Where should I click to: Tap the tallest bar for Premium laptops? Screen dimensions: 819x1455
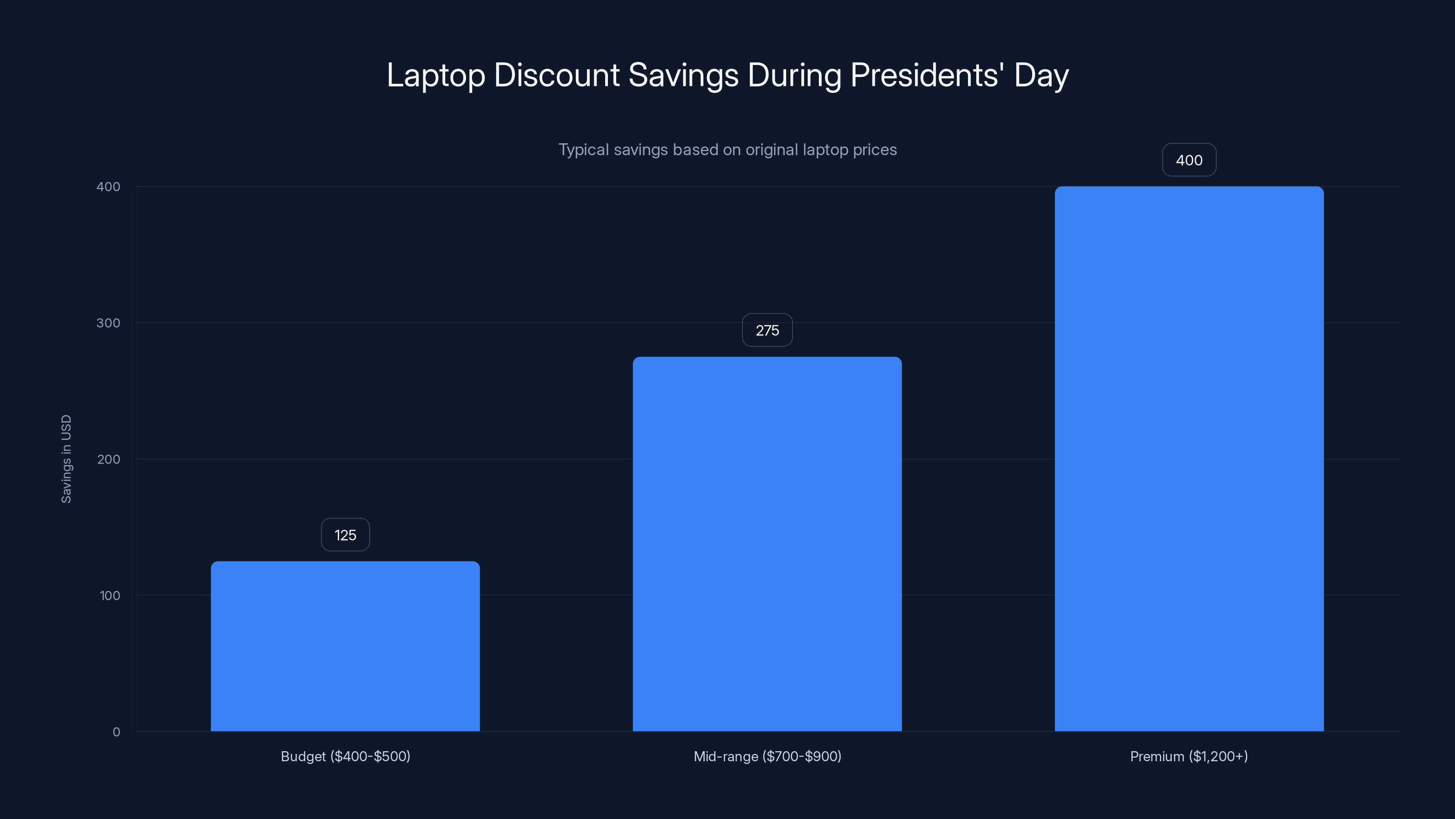tap(1189, 458)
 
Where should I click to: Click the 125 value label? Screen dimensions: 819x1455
tap(345, 535)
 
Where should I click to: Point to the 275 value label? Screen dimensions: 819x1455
tap(767, 330)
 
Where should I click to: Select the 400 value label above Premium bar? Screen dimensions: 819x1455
tap(1189, 160)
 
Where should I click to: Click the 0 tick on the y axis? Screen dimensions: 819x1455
tap(116, 732)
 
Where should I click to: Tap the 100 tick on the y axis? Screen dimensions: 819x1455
tap(110, 596)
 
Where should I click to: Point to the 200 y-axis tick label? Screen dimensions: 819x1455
tap(109, 460)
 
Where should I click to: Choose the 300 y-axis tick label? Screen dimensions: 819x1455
tap(109, 323)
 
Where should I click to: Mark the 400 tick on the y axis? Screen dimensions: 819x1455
tap(109, 187)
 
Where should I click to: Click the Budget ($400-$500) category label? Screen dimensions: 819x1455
tap(345, 756)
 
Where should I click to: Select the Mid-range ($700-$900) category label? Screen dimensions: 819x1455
tap(767, 756)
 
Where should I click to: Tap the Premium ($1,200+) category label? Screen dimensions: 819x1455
tap(1189, 756)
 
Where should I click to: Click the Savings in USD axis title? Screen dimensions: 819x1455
tap(66, 459)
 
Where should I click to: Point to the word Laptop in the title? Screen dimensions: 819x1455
tap(436, 76)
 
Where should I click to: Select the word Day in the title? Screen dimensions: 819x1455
tap(1041, 76)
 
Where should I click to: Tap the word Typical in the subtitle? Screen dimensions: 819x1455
tap(583, 150)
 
